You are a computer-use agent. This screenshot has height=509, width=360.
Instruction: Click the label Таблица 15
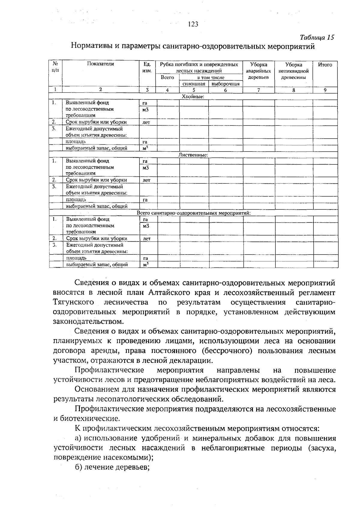tap(317, 38)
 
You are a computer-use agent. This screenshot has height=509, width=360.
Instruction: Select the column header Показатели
tap(100, 64)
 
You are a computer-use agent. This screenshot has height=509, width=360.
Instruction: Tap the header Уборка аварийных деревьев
tap(259, 71)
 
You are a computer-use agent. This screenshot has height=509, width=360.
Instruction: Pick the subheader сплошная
tap(194, 84)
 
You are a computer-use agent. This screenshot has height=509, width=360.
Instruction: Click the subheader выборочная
tap(225, 84)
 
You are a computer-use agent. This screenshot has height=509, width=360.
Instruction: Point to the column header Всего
tap(167, 77)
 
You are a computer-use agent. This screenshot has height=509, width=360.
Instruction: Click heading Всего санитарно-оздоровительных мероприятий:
tap(193, 213)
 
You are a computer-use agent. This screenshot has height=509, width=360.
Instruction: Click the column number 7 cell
tap(259, 90)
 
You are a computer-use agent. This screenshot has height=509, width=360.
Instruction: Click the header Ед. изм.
tap(147, 68)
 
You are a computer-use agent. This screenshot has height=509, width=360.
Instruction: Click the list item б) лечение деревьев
tap(112, 467)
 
